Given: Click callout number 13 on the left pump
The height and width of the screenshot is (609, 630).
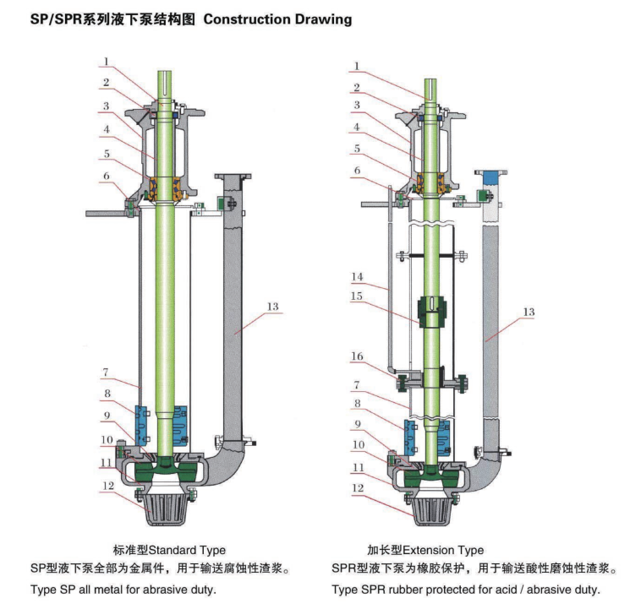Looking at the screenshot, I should point(273,307).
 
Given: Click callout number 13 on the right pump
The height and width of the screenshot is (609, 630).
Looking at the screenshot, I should point(529,312).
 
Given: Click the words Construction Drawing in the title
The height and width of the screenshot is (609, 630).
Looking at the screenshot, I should point(275,19).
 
